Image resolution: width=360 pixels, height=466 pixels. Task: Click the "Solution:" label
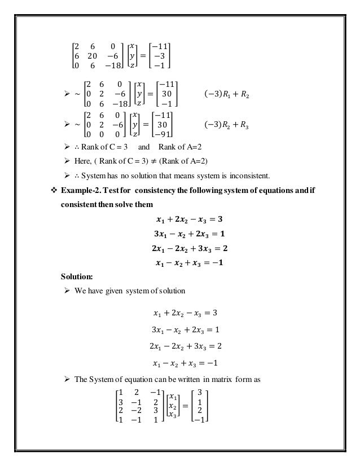[x=78, y=276]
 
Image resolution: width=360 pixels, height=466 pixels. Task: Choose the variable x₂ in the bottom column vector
[x=172, y=406]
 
